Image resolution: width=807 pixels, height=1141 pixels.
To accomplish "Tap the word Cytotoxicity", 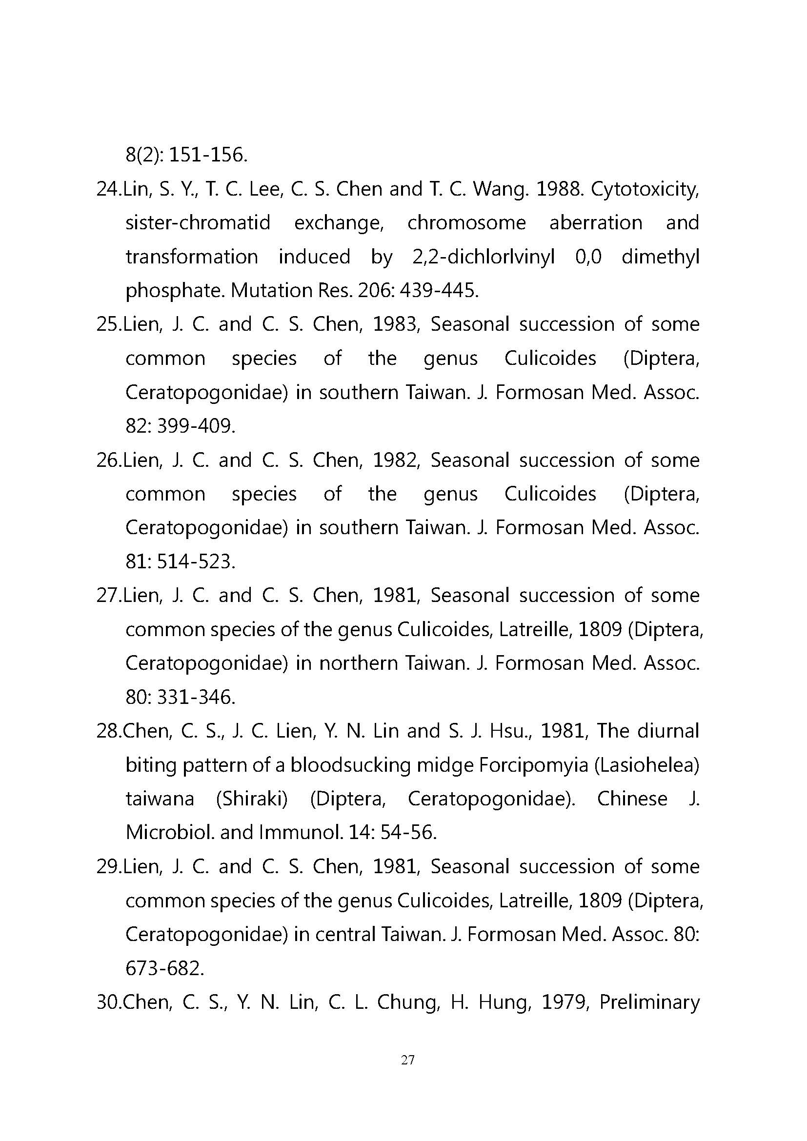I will pos(645,189).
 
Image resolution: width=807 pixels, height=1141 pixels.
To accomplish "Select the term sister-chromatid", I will pos(198,222).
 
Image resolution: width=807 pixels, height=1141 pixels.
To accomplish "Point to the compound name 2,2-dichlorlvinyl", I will pos(483,257).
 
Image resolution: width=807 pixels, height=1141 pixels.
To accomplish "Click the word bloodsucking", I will pos(351,765).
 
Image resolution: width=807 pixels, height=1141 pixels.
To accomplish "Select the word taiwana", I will pos(160,799).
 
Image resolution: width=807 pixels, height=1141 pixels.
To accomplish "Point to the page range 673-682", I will pos(164,969).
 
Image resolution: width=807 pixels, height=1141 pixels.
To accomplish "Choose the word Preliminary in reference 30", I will pos(649,1002).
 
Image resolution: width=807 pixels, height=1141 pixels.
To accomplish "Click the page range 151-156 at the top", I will pos(208,156).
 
